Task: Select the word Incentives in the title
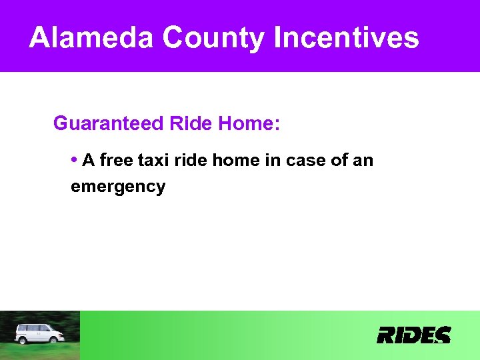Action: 346,38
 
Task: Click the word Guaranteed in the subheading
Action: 108,124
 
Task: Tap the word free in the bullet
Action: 117,161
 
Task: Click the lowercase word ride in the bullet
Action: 193,161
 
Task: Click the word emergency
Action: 118,187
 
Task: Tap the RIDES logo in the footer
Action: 413,335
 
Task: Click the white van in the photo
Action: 39,333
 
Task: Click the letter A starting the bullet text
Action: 89,161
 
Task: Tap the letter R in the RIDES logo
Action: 387,335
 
